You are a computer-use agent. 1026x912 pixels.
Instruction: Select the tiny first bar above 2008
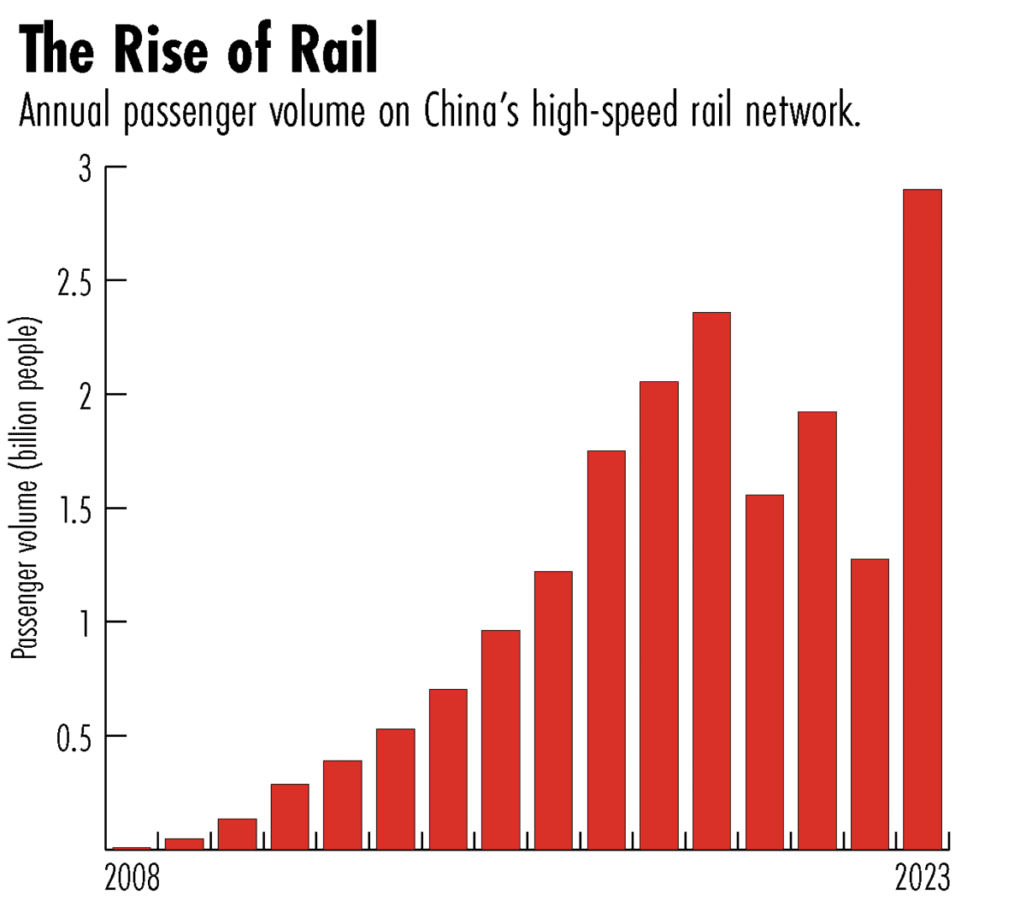[x=132, y=848]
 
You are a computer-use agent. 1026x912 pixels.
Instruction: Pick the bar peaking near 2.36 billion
[x=711, y=580]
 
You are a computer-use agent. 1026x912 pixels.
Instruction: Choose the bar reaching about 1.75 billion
[x=606, y=650]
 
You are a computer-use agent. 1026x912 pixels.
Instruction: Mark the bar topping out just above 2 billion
[x=659, y=615]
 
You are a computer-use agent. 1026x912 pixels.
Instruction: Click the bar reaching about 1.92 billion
[x=817, y=630]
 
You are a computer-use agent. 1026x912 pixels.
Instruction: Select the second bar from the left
[x=185, y=844]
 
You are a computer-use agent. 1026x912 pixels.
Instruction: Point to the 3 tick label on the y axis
[x=85, y=170]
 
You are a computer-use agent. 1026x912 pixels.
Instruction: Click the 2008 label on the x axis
[x=132, y=879]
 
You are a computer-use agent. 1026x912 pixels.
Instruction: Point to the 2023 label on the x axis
[x=923, y=879]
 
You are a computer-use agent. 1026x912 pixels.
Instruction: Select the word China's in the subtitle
[x=472, y=112]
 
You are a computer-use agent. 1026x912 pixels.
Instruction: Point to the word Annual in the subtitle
[x=65, y=112]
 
